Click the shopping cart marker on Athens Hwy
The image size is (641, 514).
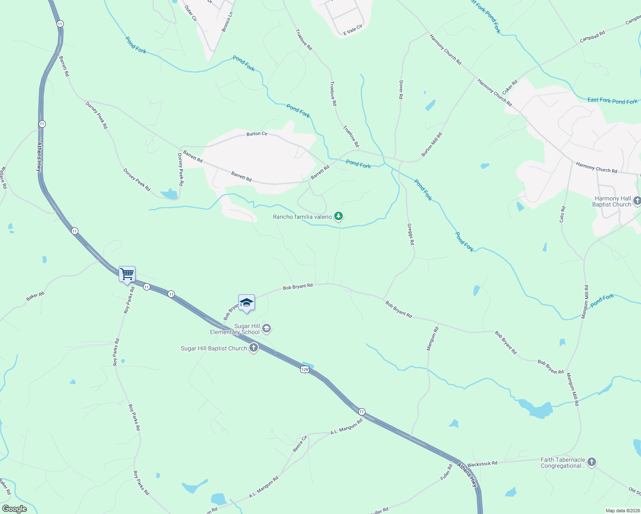click(127, 274)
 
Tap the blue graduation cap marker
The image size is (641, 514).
click(246, 302)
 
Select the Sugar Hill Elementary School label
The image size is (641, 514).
click(235, 329)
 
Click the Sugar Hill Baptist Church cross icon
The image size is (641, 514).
click(254, 348)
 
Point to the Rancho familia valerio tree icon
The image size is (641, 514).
click(338, 216)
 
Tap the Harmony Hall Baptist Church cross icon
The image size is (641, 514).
click(637, 201)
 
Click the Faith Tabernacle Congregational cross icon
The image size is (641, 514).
click(591, 462)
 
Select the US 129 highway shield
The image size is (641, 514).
click(305, 369)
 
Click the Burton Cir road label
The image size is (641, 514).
click(257, 134)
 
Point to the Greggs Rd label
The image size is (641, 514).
click(410, 234)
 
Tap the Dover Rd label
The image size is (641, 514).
click(401, 90)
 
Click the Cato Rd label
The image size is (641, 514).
click(562, 214)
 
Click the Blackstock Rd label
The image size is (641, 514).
click(482, 464)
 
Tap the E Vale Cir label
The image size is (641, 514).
click(353, 30)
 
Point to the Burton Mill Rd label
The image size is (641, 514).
click(431, 144)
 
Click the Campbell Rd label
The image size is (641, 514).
click(592, 36)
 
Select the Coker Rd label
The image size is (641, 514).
click(509, 87)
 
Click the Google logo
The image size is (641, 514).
click(15, 509)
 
